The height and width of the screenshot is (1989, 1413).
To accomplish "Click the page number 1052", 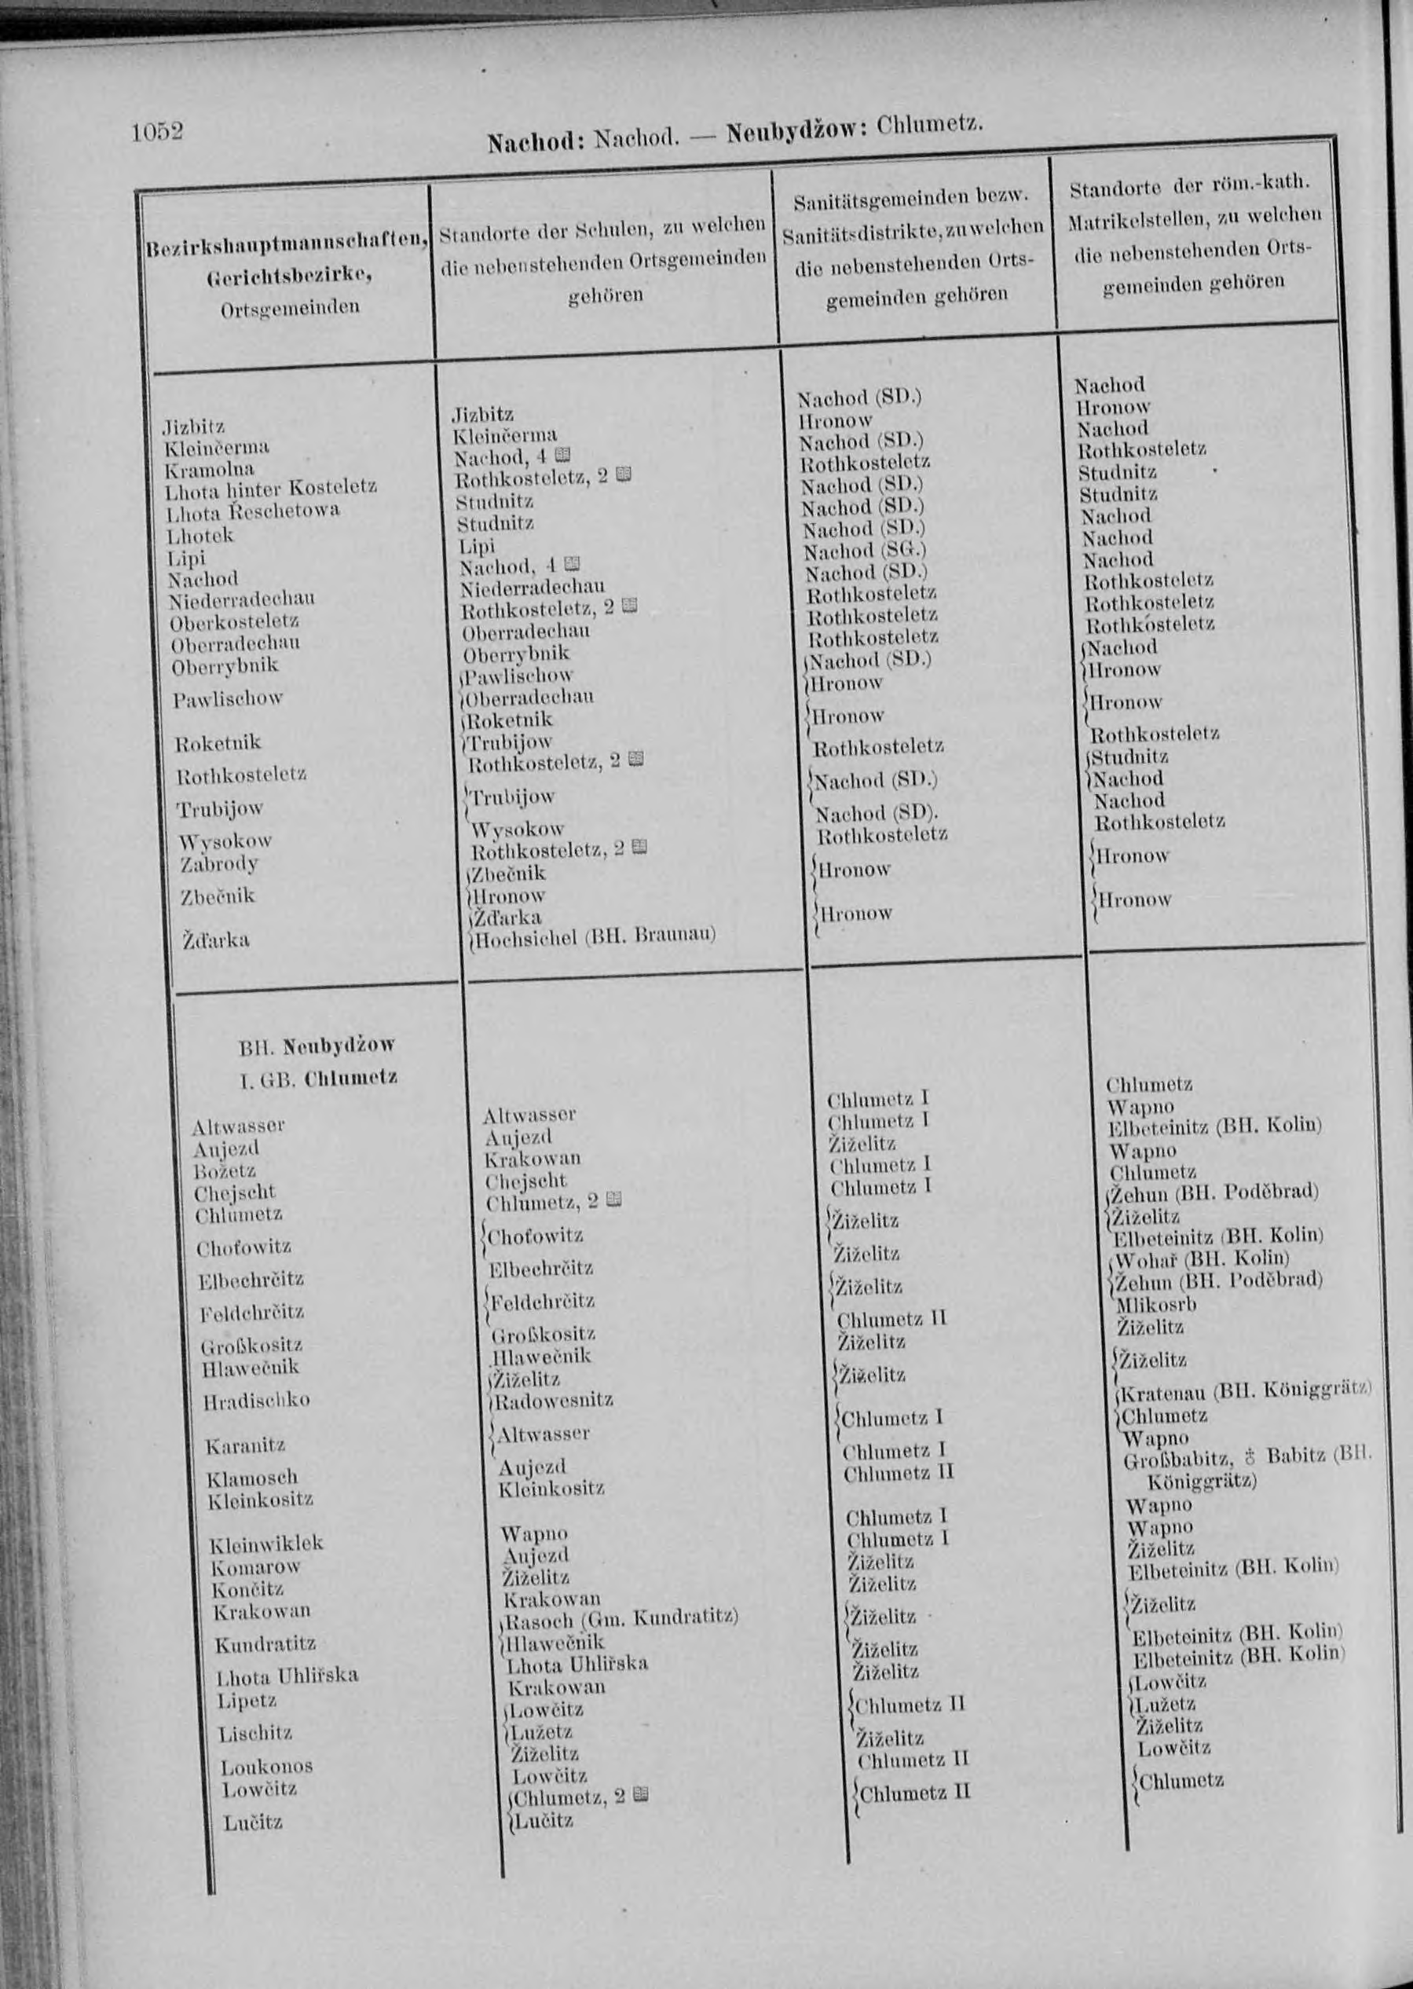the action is coord(158,132).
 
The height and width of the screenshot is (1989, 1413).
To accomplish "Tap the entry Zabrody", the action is coord(219,864).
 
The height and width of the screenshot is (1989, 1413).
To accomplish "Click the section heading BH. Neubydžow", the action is coord(317,1044).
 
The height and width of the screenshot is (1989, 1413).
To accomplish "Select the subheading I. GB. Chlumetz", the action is coord(318,1078).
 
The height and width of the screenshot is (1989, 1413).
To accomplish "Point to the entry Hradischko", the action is coord(257,1401).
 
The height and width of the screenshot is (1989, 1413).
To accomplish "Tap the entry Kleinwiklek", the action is coord(266,1544).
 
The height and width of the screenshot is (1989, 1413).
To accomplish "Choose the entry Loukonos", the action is coord(266,1766).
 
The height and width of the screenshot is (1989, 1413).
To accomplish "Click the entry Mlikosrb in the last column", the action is coord(1156,1304).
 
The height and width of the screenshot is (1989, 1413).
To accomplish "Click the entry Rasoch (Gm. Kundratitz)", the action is coord(621,1619).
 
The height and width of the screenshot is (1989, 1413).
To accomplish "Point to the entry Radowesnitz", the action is coord(555,1401).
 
